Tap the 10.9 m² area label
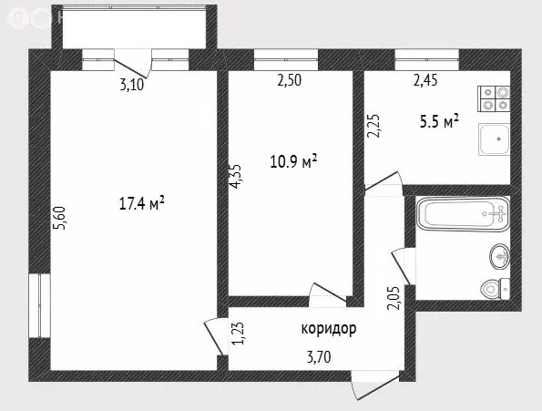(x=293, y=161)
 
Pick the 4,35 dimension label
(x=236, y=176)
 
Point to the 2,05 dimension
(x=393, y=297)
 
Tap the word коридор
(x=328, y=328)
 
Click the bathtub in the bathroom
(x=461, y=216)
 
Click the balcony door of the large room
(x=133, y=66)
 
